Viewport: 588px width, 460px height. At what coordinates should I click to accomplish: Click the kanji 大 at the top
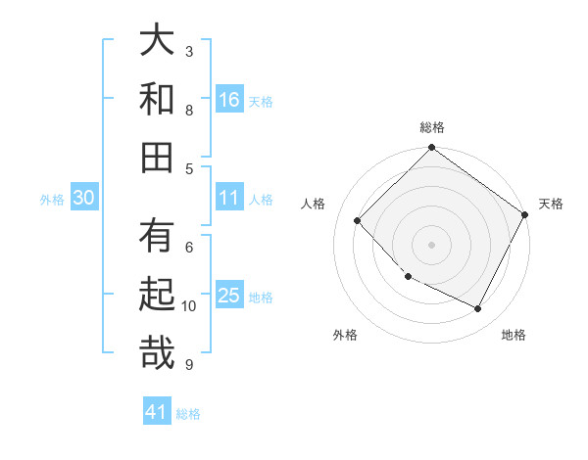(x=157, y=42)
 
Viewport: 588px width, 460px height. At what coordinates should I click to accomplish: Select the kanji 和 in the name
(x=157, y=99)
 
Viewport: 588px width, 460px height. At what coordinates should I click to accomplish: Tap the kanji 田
(x=157, y=156)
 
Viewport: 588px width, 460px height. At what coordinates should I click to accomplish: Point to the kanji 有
(x=157, y=237)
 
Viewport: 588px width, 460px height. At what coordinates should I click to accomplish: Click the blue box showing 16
(x=229, y=99)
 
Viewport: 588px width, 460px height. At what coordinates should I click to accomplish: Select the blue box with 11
(x=229, y=198)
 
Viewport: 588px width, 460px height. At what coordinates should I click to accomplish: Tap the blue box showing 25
(x=229, y=295)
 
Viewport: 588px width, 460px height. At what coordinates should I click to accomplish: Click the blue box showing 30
(x=84, y=198)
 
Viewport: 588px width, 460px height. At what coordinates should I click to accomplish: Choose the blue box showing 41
(x=157, y=412)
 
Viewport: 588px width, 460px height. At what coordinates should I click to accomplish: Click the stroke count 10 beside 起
(x=189, y=306)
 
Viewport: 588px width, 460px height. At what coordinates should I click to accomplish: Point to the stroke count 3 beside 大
(x=189, y=51)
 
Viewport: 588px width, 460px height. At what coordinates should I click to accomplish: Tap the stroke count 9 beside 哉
(x=189, y=365)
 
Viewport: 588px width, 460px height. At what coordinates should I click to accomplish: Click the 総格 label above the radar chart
(x=431, y=127)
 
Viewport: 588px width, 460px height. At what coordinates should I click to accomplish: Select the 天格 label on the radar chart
(x=551, y=204)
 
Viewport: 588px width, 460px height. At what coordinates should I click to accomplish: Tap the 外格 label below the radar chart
(x=345, y=335)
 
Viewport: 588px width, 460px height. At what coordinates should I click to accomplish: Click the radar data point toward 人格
(x=358, y=220)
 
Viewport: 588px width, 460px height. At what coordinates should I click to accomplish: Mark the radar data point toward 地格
(x=478, y=309)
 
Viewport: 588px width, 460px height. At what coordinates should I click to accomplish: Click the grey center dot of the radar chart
(x=431, y=244)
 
